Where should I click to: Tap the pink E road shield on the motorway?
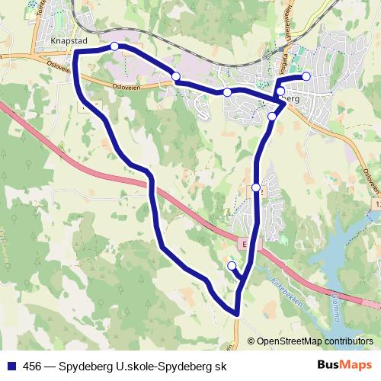click(244, 245)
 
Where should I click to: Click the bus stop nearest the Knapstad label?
click(114, 46)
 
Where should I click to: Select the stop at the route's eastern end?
click(306, 75)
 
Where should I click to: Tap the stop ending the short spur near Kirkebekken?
click(232, 265)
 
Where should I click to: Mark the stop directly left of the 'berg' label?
click(280, 91)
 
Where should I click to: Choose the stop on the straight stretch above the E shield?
click(256, 187)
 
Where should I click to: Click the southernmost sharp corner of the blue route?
click(238, 313)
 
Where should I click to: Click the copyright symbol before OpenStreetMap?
click(251, 341)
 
